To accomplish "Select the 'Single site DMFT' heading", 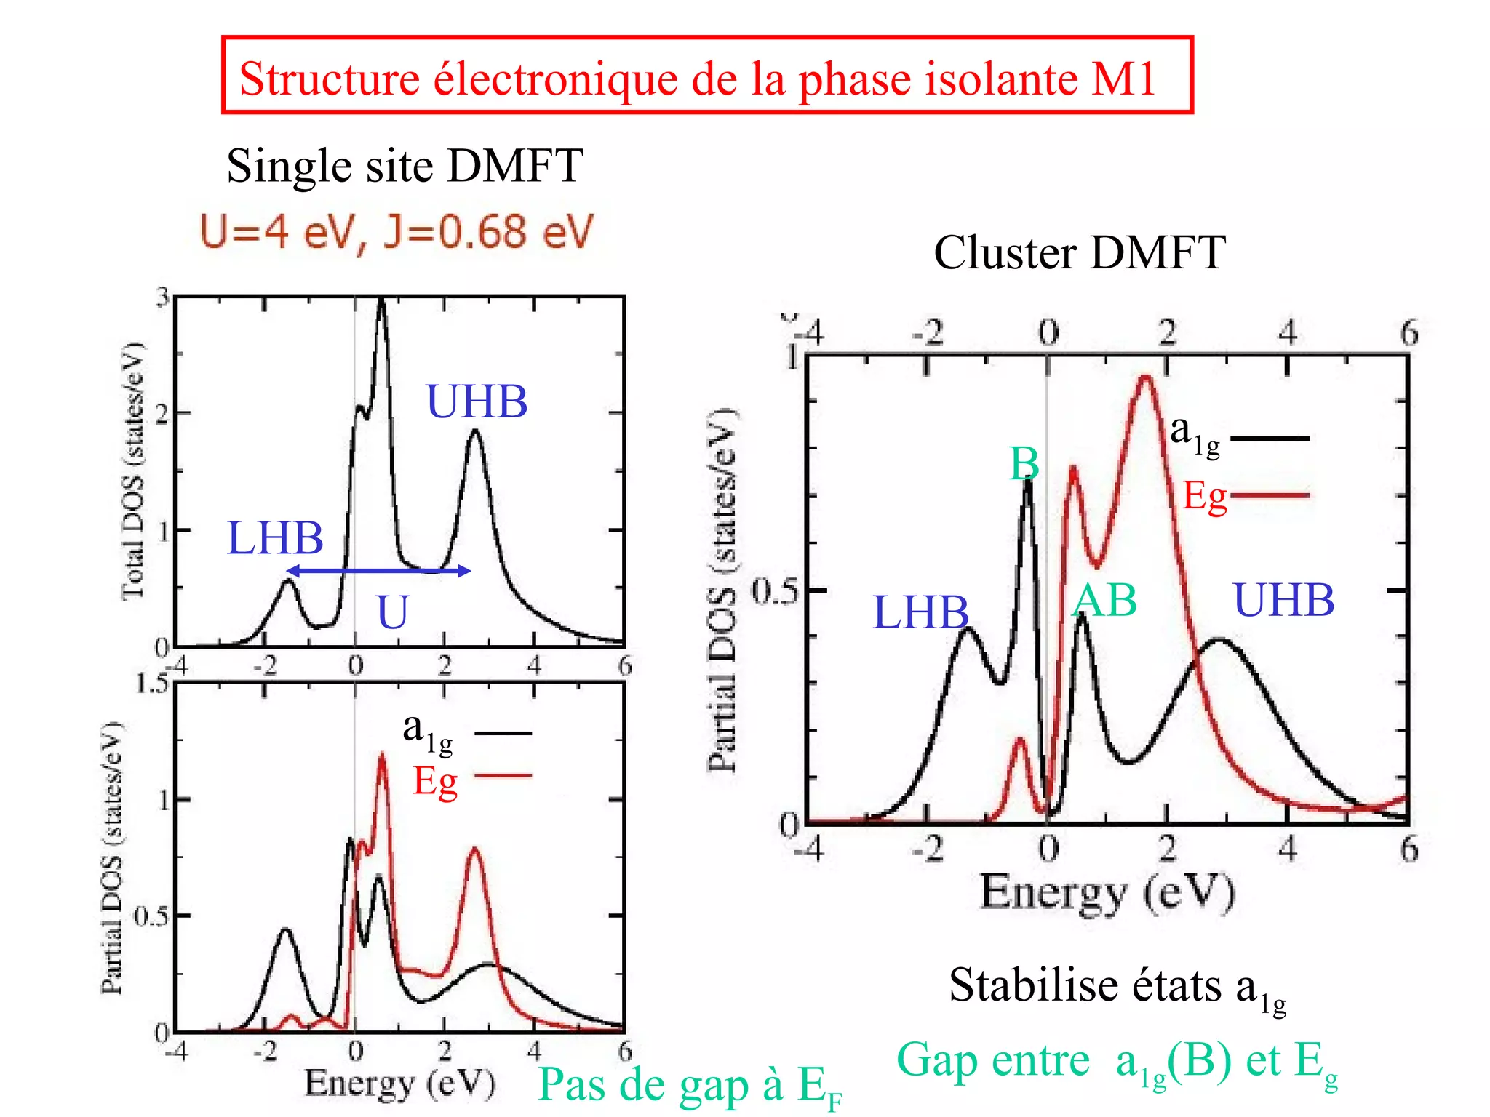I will tap(405, 166).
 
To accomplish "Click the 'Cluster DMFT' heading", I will tap(1079, 253).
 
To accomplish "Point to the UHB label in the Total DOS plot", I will tap(477, 401).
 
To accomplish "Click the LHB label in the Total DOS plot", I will tap(274, 538).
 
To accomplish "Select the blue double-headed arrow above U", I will tap(378, 571).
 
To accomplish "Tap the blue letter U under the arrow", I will tap(393, 612).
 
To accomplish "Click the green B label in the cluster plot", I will tap(1024, 464).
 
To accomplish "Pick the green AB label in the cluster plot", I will tap(1104, 601).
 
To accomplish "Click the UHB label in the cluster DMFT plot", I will tap(1283, 601).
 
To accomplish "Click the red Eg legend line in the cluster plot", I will tap(1270, 496).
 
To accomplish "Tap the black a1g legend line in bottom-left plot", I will tap(503, 733).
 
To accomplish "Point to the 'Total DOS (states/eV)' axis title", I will tap(133, 471).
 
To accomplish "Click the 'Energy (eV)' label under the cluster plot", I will tap(1107, 893).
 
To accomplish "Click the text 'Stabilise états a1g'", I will tap(1117, 988).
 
